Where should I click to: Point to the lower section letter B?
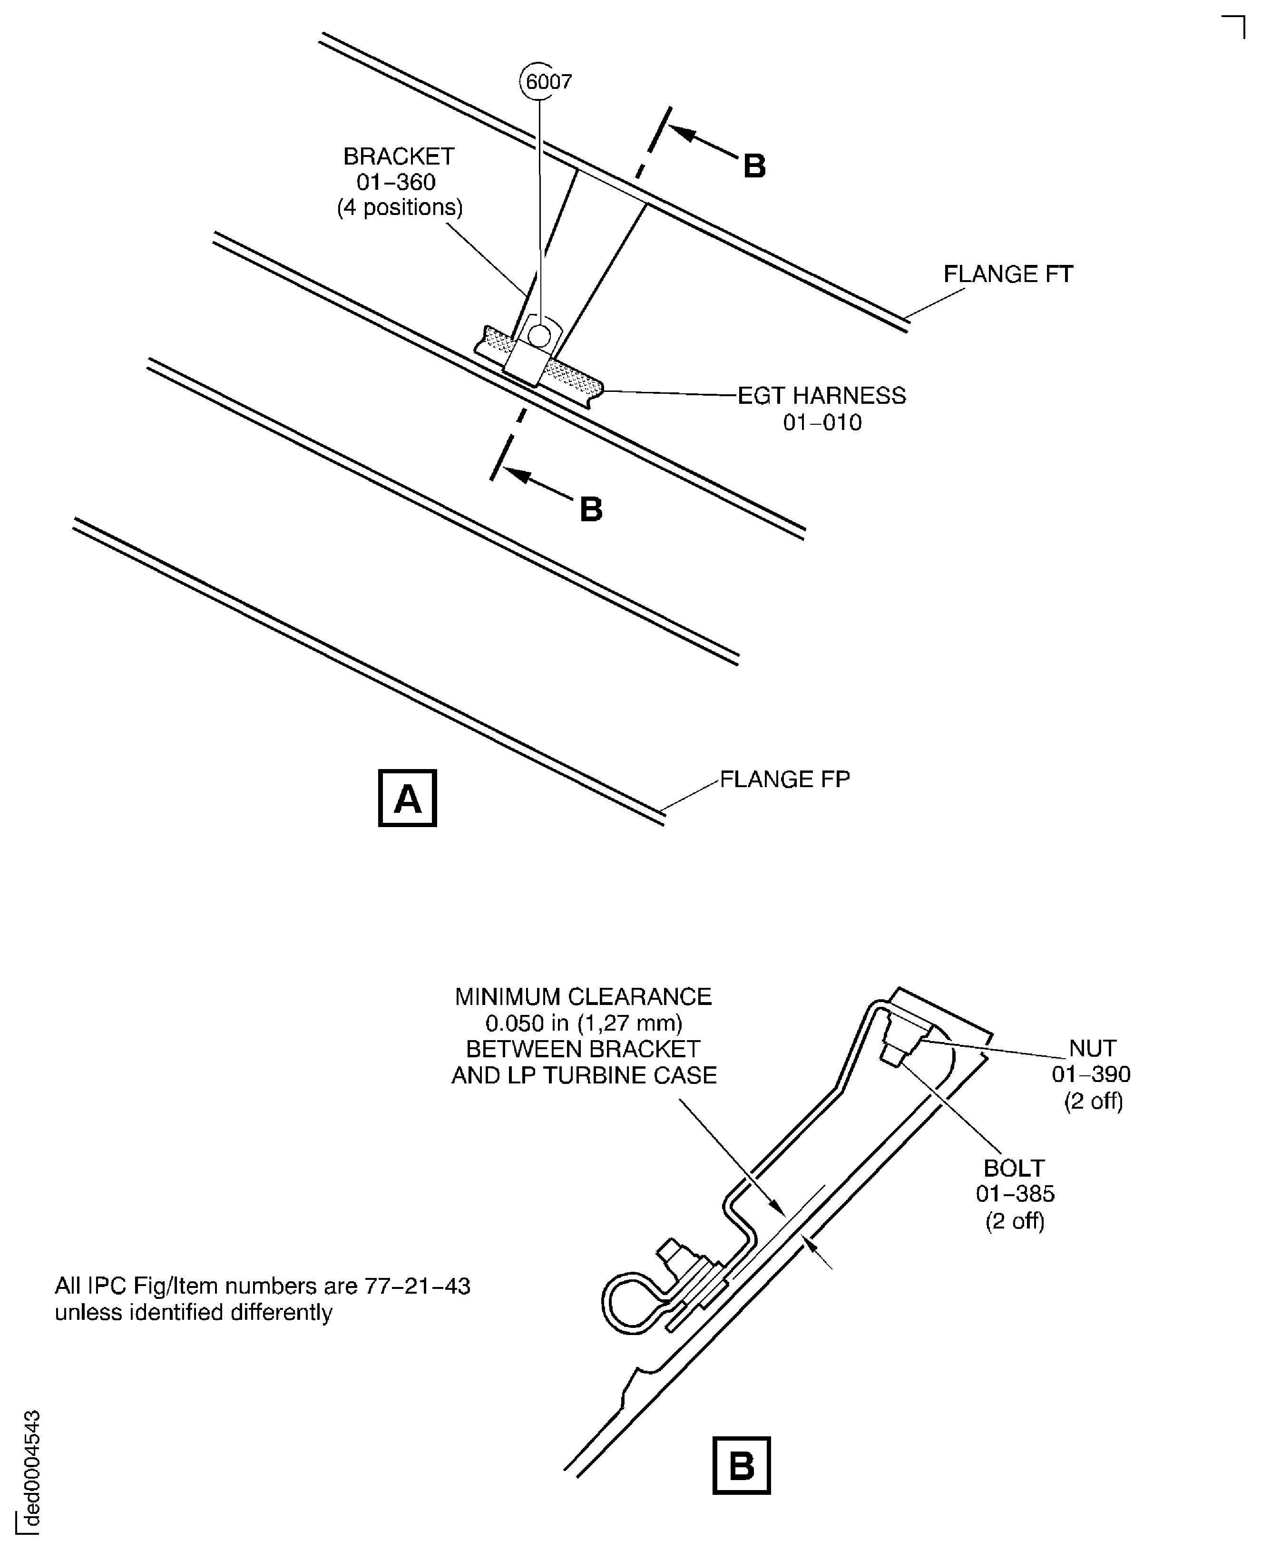click(x=591, y=510)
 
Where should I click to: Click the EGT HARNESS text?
click(x=821, y=396)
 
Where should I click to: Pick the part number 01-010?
click(x=821, y=423)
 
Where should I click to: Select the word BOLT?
click(x=1014, y=1168)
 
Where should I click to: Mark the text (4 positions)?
click(x=400, y=208)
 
